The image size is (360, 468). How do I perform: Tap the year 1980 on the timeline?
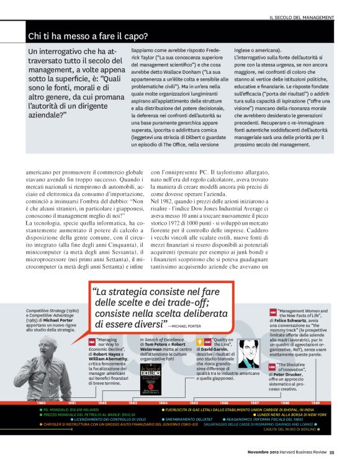[x=40, y=402]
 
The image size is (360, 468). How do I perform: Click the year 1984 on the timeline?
[x=163, y=402]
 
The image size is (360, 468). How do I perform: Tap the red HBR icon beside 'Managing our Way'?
[x=92, y=342]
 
